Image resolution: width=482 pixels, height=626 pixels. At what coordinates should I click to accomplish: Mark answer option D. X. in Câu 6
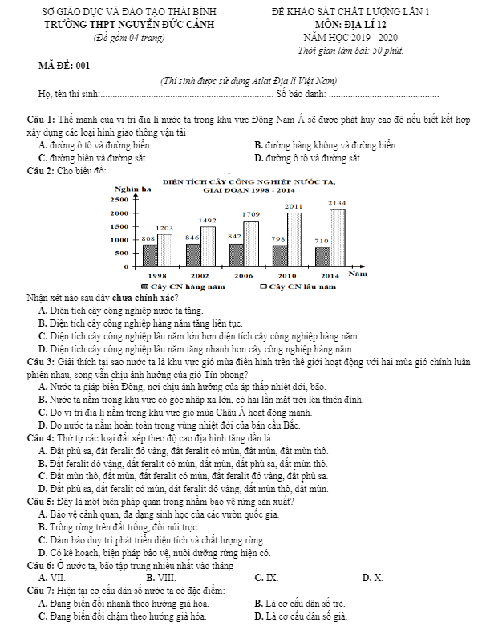[x=373, y=577]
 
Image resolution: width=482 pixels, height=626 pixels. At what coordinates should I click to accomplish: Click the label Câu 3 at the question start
[x=40, y=363]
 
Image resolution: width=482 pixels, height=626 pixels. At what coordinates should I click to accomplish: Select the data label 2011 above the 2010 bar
[x=294, y=206]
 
